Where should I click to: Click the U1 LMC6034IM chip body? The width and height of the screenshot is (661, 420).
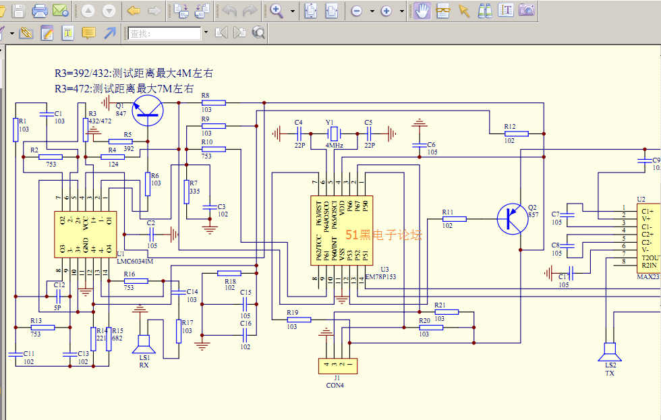(85, 234)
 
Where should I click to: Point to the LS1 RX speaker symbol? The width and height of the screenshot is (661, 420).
(144, 344)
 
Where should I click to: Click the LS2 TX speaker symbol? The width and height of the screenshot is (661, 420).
(610, 353)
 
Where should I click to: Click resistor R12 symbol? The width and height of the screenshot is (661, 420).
(516, 133)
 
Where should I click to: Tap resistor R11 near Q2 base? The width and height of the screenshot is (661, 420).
(454, 218)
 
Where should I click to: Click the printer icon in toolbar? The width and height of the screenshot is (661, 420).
(40, 10)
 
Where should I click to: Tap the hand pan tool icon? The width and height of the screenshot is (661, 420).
(422, 10)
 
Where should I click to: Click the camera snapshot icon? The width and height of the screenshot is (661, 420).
(527, 10)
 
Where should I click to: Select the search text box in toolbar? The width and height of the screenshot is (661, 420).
(165, 33)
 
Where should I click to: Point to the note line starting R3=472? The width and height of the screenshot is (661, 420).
(124, 88)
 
